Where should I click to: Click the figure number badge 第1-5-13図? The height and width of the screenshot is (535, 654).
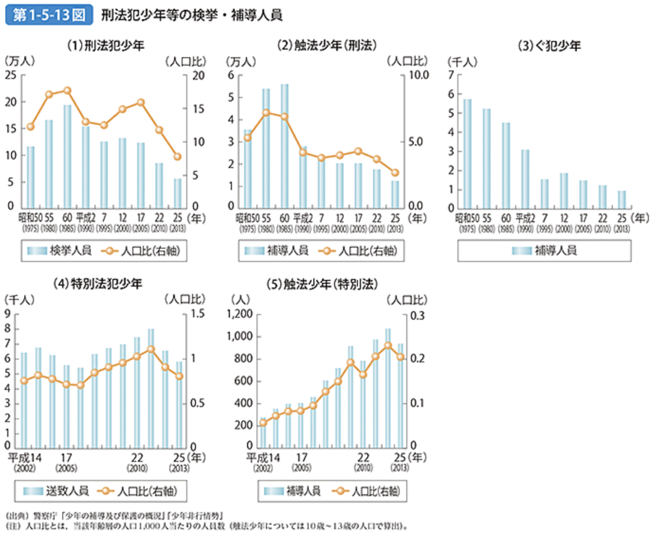pyautogui.click(x=49, y=15)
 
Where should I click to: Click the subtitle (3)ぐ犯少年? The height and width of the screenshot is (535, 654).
pyautogui.click(x=549, y=46)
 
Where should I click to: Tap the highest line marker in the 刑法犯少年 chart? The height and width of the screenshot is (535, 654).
pyautogui.click(x=67, y=91)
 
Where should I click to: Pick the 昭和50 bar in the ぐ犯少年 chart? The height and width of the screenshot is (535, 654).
pyautogui.click(x=467, y=153)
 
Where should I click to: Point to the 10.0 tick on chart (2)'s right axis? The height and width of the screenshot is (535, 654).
pyautogui.click(x=418, y=75)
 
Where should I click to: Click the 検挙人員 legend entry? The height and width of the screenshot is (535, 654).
pyautogui.click(x=59, y=251)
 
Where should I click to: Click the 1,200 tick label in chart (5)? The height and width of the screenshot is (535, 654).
pyautogui.click(x=240, y=314)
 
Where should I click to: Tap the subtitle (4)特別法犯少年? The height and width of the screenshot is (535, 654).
pyautogui.click(x=98, y=284)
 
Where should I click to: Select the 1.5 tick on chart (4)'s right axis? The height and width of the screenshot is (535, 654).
pyautogui.click(x=197, y=314)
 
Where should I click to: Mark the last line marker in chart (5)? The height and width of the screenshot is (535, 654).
pyautogui.click(x=401, y=356)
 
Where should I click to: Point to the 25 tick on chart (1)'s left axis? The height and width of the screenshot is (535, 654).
pyautogui.click(x=11, y=75)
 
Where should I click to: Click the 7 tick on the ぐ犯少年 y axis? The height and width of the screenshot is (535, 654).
pyautogui.click(x=451, y=75)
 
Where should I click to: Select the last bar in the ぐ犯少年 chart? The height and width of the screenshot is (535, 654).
pyautogui.click(x=621, y=199)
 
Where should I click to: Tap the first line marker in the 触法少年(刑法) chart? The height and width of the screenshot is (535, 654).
pyautogui.click(x=248, y=138)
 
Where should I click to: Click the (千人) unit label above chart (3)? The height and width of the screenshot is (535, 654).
pyautogui.click(x=462, y=62)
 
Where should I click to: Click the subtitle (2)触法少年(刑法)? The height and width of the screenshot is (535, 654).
pyautogui.click(x=326, y=46)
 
